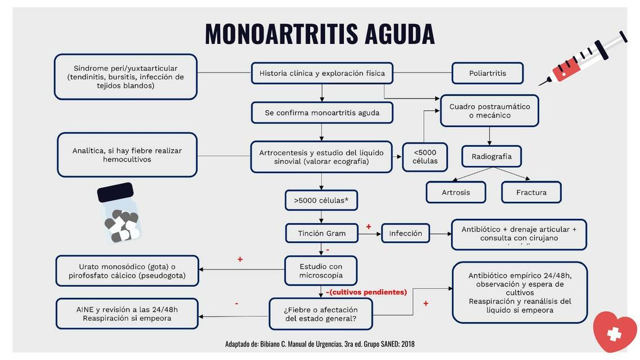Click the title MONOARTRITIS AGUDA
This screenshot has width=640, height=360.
tap(320, 34)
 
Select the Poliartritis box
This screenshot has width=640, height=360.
tap(487, 73)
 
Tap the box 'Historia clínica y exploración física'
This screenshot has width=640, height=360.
tap(322, 73)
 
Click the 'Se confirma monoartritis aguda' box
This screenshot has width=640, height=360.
tap(322, 112)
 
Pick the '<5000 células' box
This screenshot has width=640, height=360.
tap(424, 157)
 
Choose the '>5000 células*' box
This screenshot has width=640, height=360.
tap(321, 200)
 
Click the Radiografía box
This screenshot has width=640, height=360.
tap(491, 156)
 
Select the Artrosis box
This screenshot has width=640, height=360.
tap(456, 192)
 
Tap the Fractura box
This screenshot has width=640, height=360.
tap(531, 192)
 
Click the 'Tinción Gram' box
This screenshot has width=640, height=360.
tap(321, 233)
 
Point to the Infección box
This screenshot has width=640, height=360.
tap(405, 233)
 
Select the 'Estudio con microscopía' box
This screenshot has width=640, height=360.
tap(321, 271)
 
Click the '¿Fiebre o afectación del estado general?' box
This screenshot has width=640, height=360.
tap(321, 314)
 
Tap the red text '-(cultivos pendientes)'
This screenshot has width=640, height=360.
tap(366, 292)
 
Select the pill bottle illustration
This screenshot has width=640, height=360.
tap(119, 214)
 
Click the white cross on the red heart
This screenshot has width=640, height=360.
tap(614, 335)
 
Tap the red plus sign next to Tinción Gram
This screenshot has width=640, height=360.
tap(369, 227)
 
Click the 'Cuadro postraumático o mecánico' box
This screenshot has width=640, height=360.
tap(490, 111)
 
